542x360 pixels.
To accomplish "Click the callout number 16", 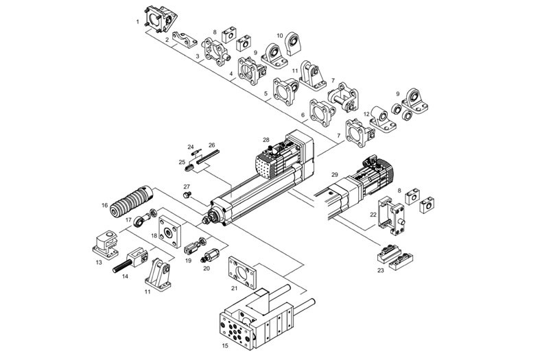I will point(105,204).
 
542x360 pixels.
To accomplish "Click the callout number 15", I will point(225,346).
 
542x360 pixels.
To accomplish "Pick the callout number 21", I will point(234,287).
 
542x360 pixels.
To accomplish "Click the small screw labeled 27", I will point(185,195).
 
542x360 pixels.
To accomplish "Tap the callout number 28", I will point(266,140).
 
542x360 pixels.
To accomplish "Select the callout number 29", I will point(335,175).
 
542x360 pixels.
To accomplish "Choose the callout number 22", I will point(373,215).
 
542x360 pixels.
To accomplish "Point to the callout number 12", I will point(366,114).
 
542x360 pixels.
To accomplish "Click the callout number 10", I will point(280,36).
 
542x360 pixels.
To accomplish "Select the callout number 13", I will point(99,262).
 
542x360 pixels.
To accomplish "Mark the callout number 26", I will point(212,145).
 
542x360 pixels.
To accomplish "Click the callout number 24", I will point(191,146).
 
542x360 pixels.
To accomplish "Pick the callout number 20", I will point(207,268).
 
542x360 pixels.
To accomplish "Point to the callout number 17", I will point(128,219).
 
